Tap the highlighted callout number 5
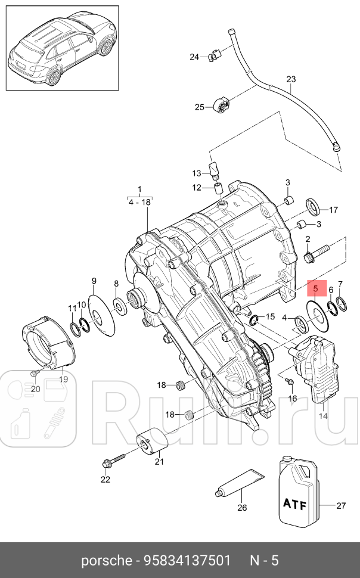pyautogui.click(x=315, y=288)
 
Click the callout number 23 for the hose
pyautogui.click(x=291, y=79)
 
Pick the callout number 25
pyautogui.click(x=199, y=107)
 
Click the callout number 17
pyautogui.click(x=333, y=210)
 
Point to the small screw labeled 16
pyautogui.click(x=289, y=381)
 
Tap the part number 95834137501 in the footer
pyautogui.click(x=187, y=561)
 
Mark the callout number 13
pyautogui.click(x=197, y=173)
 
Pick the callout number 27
pyautogui.click(x=340, y=506)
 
